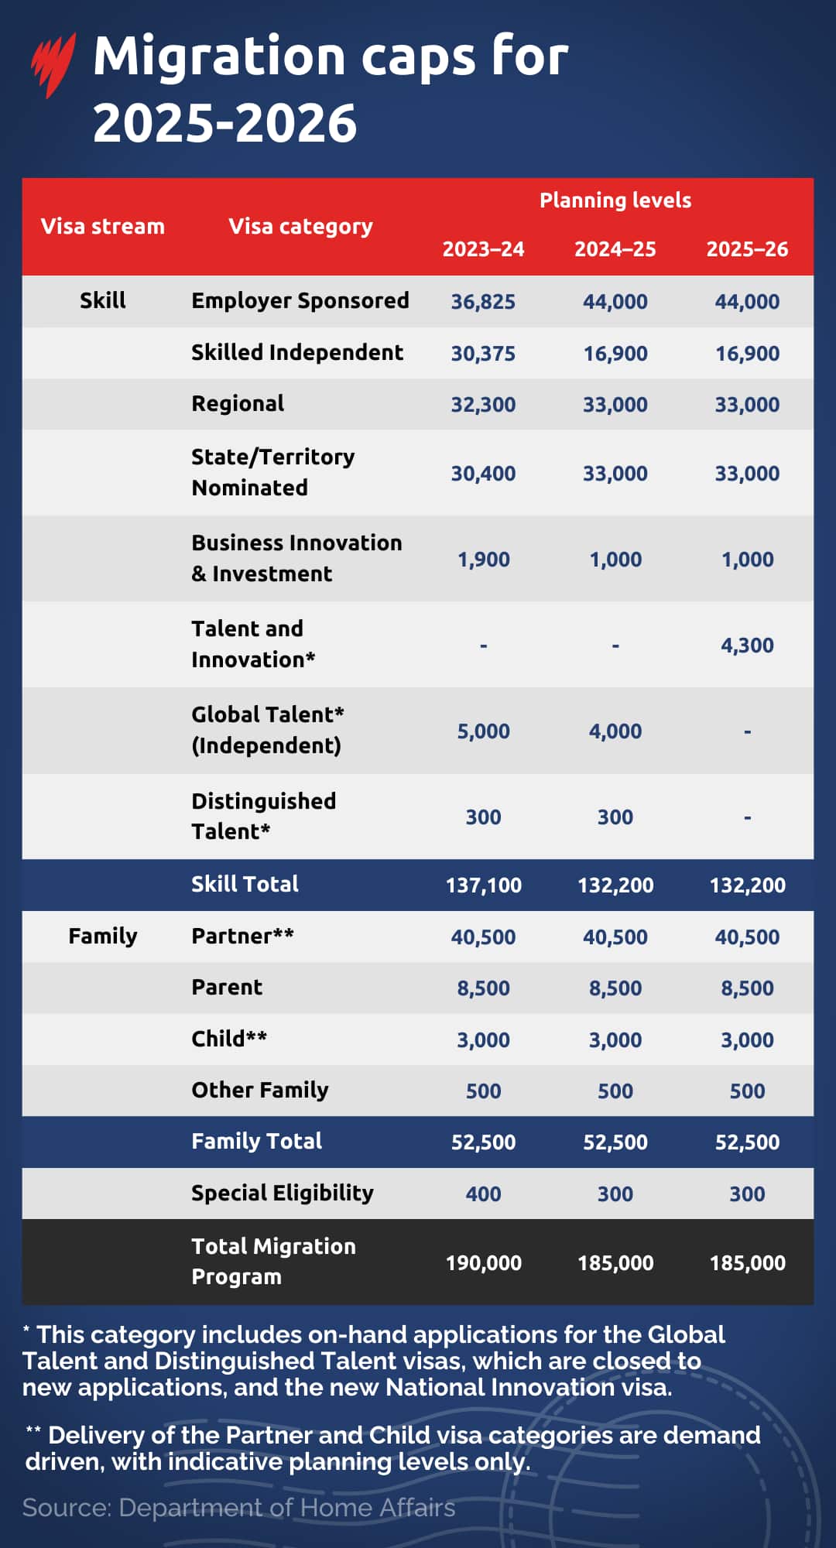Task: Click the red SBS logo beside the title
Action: click(x=53, y=65)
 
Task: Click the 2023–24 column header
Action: click(x=483, y=249)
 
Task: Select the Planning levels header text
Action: click(x=615, y=200)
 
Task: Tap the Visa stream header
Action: click(x=103, y=226)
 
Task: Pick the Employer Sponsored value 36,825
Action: click(x=483, y=302)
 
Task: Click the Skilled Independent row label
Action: click(x=297, y=353)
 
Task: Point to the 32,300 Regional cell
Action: click(x=483, y=405)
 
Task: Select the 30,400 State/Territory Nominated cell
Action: click(x=483, y=474)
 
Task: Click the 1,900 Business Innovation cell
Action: click(x=483, y=560)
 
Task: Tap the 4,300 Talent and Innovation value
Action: click(x=747, y=646)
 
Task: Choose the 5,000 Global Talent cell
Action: click(x=483, y=731)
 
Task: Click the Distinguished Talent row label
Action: click(x=263, y=816)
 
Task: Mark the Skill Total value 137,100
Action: click(x=483, y=885)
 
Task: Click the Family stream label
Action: click(x=103, y=937)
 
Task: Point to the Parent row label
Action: click(x=227, y=988)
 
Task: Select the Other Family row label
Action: click(x=260, y=1091)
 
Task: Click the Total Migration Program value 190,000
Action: click(x=483, y=1263)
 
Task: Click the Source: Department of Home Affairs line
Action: click(x=238, y=1508)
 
